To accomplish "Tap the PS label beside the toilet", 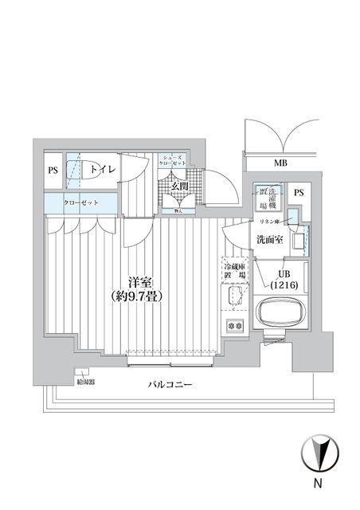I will (53, 170).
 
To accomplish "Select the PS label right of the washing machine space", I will (298, 193).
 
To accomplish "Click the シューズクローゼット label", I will (174, 159).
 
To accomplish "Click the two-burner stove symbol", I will (236, 326).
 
